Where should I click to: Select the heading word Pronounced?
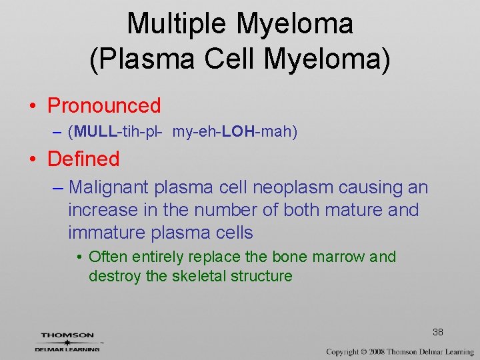tap(104, 105)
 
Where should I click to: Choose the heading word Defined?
tap(83, 159)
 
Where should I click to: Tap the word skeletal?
tap(198, 276)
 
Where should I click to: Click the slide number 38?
tap(438, 331)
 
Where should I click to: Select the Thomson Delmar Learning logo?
tap(68, 342)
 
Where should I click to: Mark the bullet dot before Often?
tap(79, 257)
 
